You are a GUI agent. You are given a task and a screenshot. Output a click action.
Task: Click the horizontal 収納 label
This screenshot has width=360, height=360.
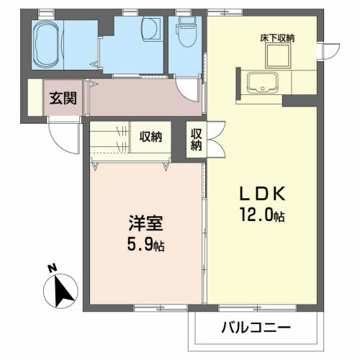(x=150, y=135)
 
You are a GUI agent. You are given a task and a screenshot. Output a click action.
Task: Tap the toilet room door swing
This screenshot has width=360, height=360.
(x=189, y=91)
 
